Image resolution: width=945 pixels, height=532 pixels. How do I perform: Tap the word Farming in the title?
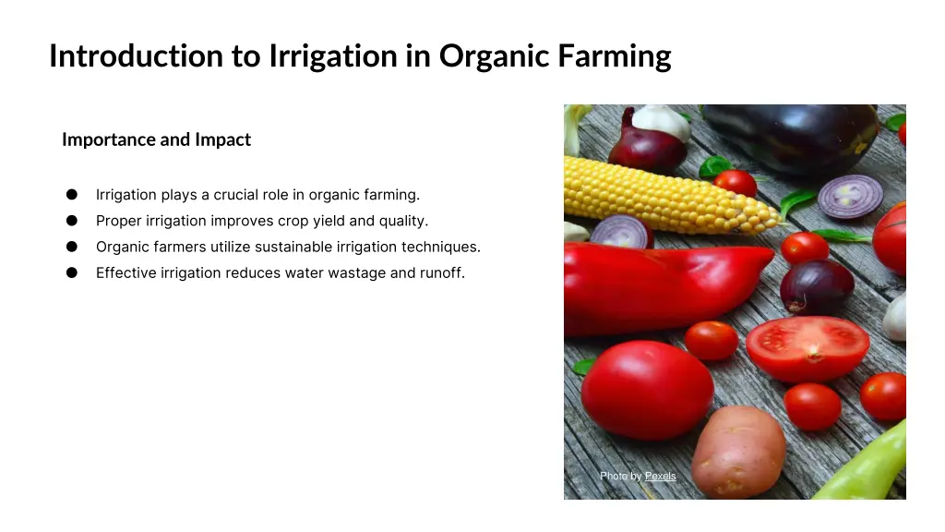tap(614, 56)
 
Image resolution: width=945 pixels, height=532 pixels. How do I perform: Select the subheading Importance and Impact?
tap(156, 139)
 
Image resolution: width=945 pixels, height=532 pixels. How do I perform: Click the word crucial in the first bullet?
tap(239, 195)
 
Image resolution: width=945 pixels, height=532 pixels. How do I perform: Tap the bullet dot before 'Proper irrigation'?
tap(71, 221)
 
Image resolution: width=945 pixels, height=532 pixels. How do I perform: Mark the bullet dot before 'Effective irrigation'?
tap(71, 272)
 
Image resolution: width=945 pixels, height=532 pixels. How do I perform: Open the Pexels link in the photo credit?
tap(660, 476)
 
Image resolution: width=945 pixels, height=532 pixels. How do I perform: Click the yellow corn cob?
tap(664, 194)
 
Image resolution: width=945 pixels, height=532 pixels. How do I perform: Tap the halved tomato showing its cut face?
tap(807, 348)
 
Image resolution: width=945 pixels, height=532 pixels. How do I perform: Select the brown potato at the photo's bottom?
tap(738, 453)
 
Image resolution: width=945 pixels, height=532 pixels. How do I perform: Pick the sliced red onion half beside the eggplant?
tap(850, 196)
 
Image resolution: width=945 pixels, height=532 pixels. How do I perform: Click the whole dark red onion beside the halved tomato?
tap(817, 286)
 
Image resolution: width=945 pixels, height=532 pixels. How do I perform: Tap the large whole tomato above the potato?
tap(646, 388)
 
